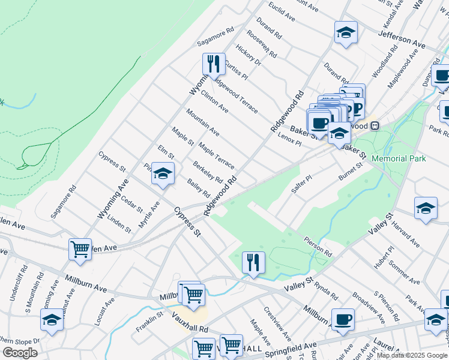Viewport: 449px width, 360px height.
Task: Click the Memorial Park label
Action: (399, 158)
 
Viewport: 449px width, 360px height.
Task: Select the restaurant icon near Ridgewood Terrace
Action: (214, 64)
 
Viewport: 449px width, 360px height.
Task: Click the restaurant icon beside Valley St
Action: (253, 262)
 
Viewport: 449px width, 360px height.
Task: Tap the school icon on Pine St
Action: (163, 173)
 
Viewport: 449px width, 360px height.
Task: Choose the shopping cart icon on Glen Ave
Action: (80, 249)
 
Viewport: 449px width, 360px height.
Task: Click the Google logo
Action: (20, 352)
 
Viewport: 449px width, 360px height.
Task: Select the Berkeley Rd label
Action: (208, 172)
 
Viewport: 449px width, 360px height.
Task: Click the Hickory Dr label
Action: (249, 55)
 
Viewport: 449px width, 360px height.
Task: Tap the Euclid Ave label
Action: (282, 10)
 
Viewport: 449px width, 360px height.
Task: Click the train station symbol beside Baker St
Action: (375, 126)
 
